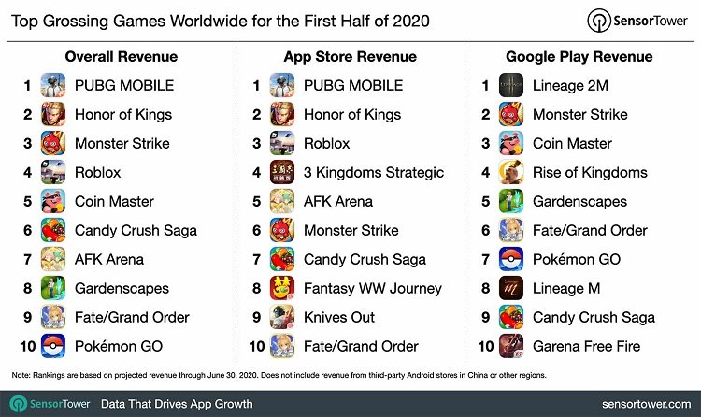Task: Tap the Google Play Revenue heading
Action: [x=580, y=56]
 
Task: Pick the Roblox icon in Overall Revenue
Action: [x=53, y=172]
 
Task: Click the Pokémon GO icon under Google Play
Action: [x=511, y=259]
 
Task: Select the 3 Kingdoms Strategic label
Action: [x=374, y=172]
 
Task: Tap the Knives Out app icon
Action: [x=282, y=317]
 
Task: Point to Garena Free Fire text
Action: [x=586, y=346]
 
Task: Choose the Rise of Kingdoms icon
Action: [x=511, y=172]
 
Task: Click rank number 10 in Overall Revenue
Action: [x=27, y=346]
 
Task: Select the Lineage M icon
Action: [x=511, y=288]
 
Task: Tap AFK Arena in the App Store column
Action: [x=337, y=201]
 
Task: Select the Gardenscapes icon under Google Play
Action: [x=511, y=201]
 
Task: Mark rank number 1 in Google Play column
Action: [x=486, y=85]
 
